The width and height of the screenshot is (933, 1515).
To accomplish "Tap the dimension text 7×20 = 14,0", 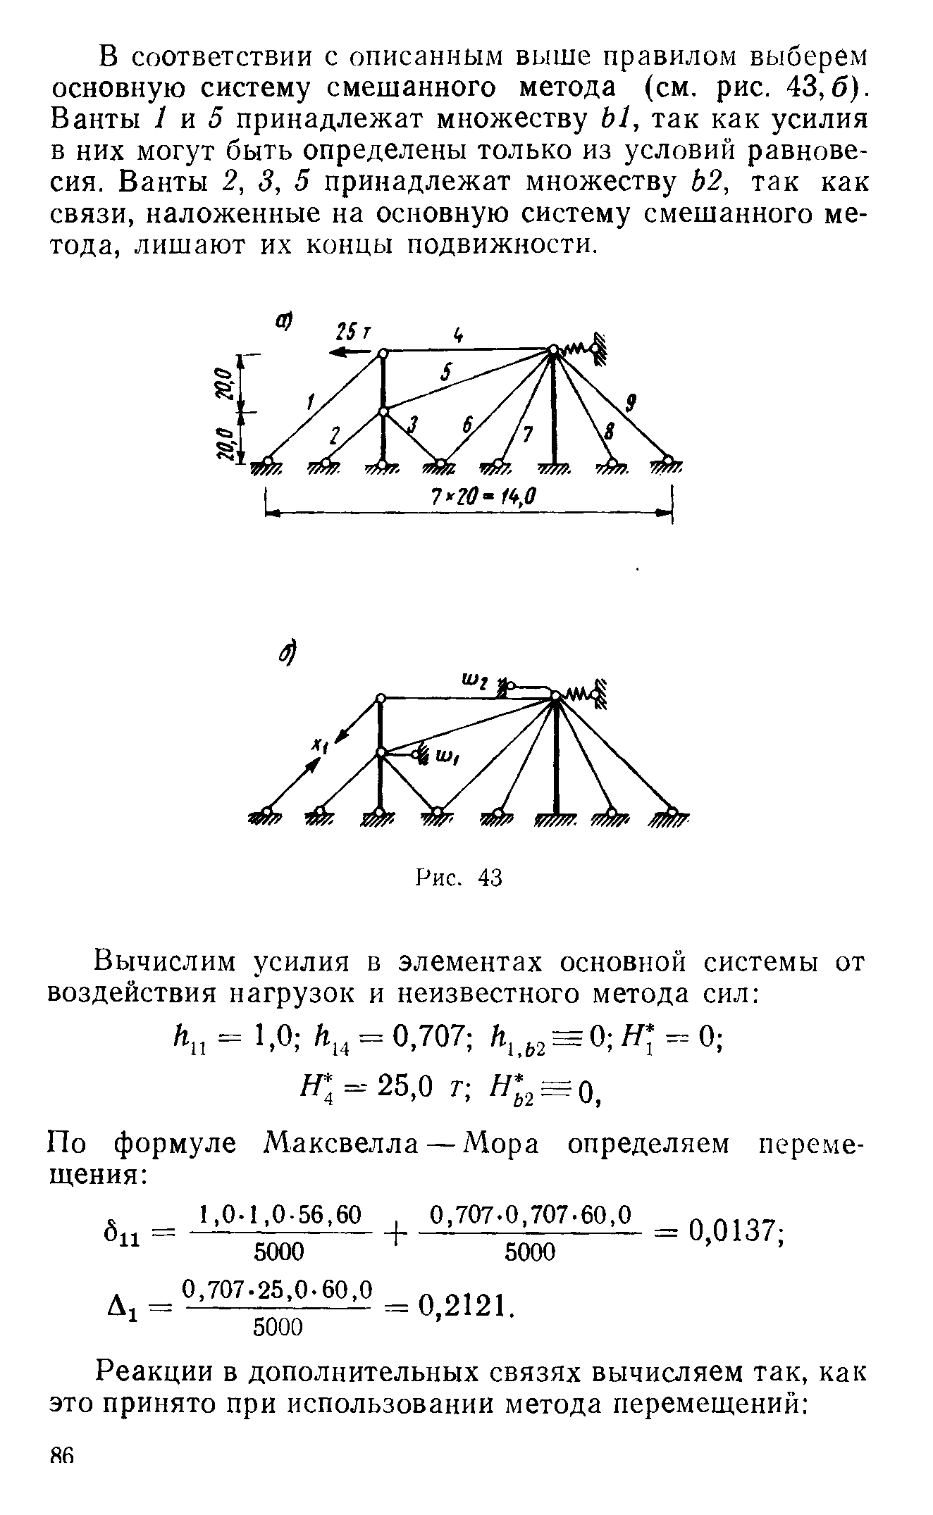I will pyautogui.click(x=483, y=498).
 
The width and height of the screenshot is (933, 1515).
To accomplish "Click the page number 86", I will pyautogui.click(x=63, y=1495).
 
